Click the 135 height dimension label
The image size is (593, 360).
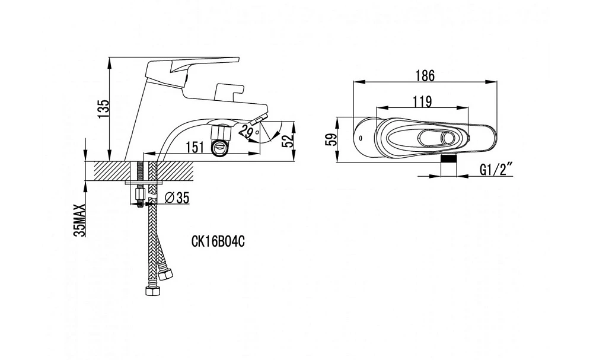click(104, 109)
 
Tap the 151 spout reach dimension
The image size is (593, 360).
click(195, 147)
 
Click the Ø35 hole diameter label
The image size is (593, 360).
click(177, 197)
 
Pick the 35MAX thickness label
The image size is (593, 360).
click(80, 220)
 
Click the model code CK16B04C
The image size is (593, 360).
click(218, 241)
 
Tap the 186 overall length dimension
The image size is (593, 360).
click(425, 76)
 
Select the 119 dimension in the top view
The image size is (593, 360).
click(422, 101)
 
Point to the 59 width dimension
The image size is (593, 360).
click(330, 139)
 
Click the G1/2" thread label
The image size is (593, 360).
click(496, 170)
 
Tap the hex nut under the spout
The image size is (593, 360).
click(221, 132)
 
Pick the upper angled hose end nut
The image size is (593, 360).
click(165, 273)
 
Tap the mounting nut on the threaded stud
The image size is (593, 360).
click(140, 195)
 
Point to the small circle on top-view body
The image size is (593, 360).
click(361, 138)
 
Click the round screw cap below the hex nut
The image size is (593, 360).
click(220, 148)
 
